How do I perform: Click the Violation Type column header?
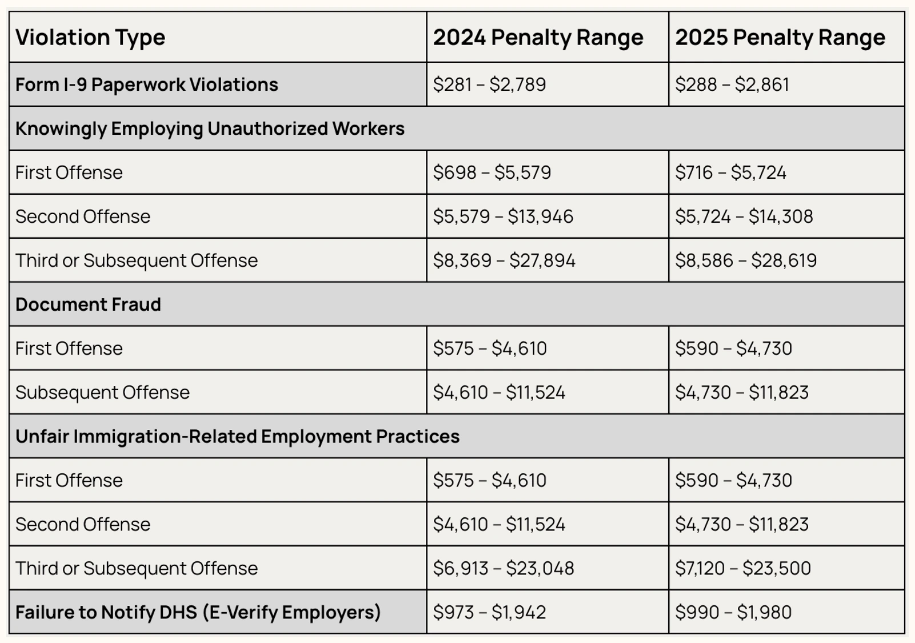coord(90,38)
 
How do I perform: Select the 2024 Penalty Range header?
coord(537,38)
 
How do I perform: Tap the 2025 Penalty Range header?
coord(780,38)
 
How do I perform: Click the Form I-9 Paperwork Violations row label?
coord(147,85)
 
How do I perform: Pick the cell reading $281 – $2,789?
coord(489,85)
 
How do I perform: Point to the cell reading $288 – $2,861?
coord(732,85)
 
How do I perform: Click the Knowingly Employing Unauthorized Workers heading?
coord(210,128)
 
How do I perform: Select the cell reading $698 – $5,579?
coord(492,172)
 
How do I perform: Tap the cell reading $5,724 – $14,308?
coord(744,216)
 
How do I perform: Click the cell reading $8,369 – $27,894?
coord(504,260)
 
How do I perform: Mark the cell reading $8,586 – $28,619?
coord(745,260)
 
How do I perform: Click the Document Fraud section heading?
coord(88,304)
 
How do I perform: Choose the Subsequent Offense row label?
coord(102,392)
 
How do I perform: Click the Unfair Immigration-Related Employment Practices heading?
coord(237,436)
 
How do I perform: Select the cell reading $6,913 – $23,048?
coord(503,568)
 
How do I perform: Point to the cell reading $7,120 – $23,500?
coord(743,568)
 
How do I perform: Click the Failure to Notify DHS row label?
coord(198,612)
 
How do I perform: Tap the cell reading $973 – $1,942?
coord(489,612)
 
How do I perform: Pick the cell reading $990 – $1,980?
coord(733,612)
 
